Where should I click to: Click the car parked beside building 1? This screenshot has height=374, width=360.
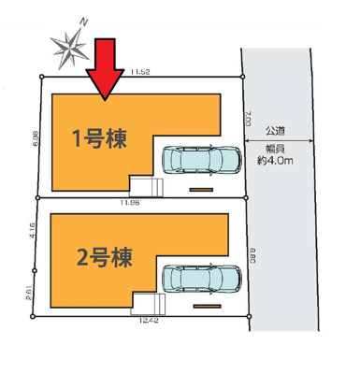pos(202,161)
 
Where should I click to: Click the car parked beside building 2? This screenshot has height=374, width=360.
pos(202,278)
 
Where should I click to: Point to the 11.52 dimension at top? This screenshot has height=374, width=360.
pos(141,70)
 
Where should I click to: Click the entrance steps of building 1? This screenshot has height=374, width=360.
pos(145,185)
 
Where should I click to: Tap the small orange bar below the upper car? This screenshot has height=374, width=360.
pos(200,191)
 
